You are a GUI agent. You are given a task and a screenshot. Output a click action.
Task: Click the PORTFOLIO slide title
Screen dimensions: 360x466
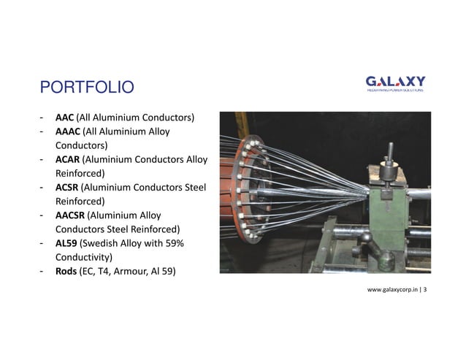point(87,88)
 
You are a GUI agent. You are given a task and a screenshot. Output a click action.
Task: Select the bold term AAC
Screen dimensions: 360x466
point(64,118)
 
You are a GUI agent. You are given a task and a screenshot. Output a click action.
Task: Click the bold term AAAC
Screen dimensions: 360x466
point(68,131)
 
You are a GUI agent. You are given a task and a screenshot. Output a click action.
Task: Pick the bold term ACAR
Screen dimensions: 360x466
point(68,159)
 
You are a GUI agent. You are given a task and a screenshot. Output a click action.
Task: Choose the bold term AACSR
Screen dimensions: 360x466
point(70,215)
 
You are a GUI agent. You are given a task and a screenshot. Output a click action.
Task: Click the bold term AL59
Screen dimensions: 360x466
point(66,243)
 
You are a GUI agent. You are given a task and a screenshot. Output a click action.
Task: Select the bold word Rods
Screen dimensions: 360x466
point(66,272)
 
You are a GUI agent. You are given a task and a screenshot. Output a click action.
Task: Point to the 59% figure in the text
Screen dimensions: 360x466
point(183,243)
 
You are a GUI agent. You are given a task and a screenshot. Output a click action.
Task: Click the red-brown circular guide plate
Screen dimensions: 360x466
point(248,188)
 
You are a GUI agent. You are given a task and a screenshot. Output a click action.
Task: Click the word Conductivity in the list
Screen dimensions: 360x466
point(82,257)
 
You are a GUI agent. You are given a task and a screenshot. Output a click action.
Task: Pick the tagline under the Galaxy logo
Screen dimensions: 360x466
point(394,91)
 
